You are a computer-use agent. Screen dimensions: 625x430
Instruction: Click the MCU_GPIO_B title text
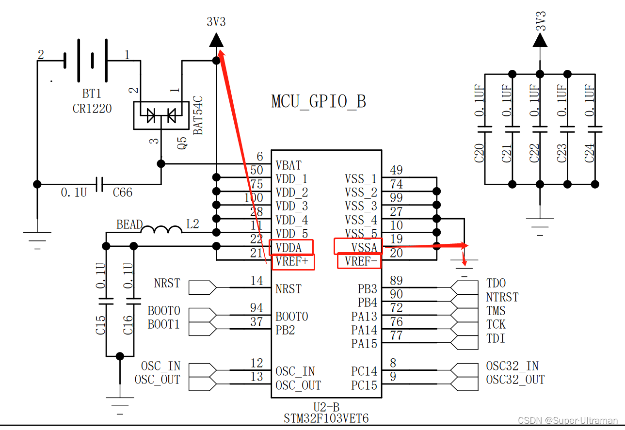pyautogui.click(x=319, y=102)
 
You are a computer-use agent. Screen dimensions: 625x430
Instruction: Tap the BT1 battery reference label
pyautogui.click(x=92, y=94)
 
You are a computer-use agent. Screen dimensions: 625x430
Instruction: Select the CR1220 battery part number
pyautogui.click(x=92, y=109)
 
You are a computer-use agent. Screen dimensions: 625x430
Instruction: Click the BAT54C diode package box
pyautogui.click(x=161, y=115)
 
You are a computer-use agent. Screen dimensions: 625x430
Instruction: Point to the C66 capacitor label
pyautogui.click(x=123, y=192)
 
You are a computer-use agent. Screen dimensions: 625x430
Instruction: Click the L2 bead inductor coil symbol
pyautogui.click(x=161, y=229)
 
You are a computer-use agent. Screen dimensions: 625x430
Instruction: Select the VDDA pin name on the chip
pyautogui.click(x=288, y=248)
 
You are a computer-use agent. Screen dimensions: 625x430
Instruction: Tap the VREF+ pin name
pyautogui.click(x=292, y=261)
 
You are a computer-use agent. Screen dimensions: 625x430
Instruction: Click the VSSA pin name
pyautogui.click(x=364, y=248)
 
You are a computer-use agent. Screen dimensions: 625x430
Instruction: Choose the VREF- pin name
pyautogui.click(x=361, y=261)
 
